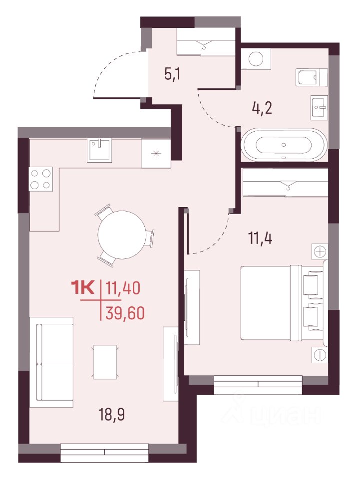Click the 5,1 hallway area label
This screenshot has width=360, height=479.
172,74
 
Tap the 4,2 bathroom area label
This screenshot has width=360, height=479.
262,108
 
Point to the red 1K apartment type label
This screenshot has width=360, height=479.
83,288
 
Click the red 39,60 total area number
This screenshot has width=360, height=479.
125,313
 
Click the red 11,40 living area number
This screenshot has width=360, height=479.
122,288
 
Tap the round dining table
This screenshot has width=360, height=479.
122,235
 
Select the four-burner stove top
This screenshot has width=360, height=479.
41,179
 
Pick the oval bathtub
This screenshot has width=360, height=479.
284,145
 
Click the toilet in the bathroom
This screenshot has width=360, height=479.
312,77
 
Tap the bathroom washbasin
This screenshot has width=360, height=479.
320,107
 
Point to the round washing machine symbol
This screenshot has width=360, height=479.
256,58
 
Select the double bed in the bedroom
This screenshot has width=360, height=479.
282,302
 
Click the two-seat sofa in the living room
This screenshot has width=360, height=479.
51,362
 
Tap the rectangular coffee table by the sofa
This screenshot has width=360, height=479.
105,362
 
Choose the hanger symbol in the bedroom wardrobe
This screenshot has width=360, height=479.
288,185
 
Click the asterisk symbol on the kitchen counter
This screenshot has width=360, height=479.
156,153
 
